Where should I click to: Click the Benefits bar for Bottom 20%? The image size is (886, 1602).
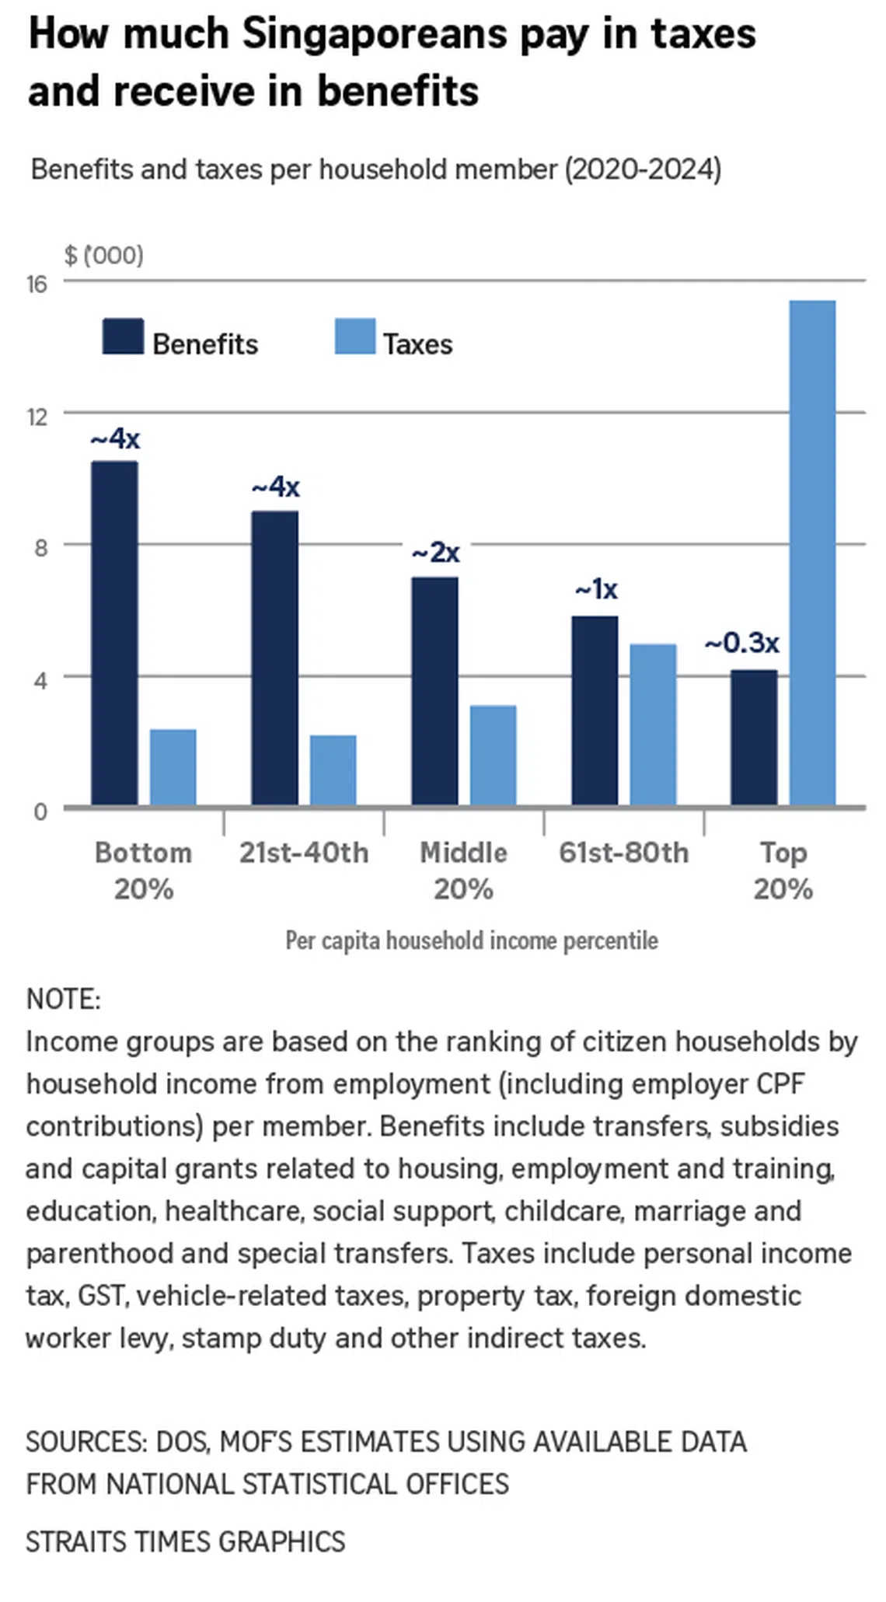point(114,633)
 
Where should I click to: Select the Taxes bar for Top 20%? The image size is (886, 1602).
point(812,553)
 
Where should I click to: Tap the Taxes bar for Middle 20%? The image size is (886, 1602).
point(493,755)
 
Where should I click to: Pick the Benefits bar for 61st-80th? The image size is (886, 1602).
point(595,710)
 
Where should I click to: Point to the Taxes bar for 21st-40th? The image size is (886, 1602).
point(333,770)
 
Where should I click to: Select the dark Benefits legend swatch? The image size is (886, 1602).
point(123,337)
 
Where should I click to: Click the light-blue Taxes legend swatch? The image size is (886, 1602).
point(354,337)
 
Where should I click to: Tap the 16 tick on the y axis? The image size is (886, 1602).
point(37,284)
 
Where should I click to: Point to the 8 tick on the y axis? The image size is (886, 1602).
point(40,547)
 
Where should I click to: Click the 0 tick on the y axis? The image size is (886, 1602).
point(40,811)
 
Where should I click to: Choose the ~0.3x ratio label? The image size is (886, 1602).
point(741,643)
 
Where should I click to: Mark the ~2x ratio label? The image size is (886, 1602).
point(435,553)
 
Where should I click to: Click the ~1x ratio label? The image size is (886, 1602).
point(596,589)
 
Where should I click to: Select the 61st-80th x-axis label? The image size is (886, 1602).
point(623,853)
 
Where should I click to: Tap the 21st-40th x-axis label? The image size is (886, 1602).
point(303,853)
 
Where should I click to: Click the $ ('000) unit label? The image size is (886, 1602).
point(103,255)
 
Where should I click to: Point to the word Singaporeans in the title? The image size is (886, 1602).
point(375,34)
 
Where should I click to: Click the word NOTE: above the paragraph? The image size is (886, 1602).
point(63,999)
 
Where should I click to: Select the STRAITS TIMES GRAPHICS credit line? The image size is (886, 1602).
point(185,1541)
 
